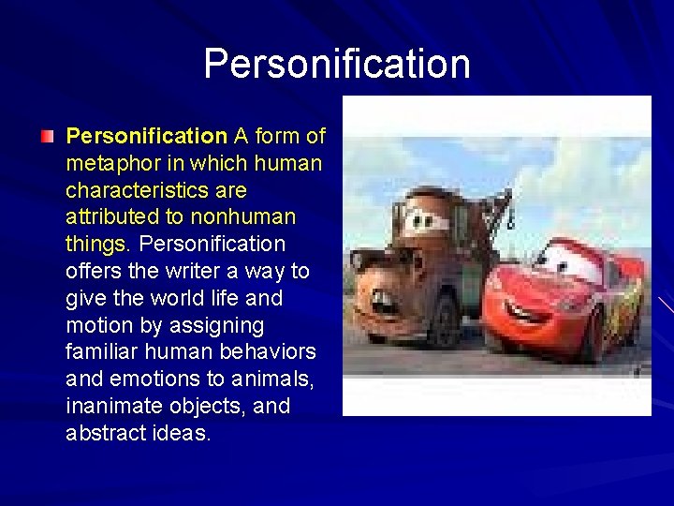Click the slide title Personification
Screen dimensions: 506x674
pos(337,64)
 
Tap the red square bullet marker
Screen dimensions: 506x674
pos(48,137)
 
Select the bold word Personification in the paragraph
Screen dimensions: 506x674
pos(146,136)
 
